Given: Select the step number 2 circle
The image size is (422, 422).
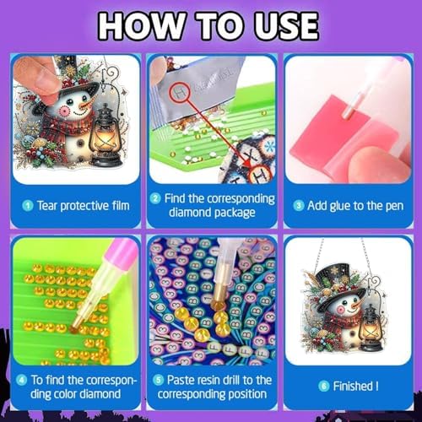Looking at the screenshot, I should pos(155,199).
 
